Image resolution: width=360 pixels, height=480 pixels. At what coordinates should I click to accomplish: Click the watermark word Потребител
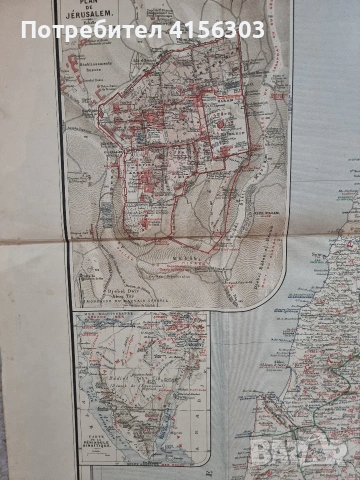click(x=90, y=30)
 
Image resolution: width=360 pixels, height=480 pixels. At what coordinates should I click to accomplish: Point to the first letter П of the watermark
click(x=28, y=30)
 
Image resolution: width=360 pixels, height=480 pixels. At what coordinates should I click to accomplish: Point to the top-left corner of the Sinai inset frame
click(x=75, y=312)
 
